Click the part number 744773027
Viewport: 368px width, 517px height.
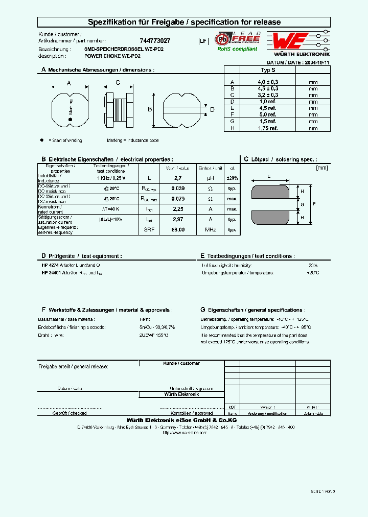[x=155, y=40]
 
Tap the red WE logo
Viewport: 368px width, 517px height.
[x=289, y=41]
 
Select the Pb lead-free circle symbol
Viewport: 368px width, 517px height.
[x=222, y=39]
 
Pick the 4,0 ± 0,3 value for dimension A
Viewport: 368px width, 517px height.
[x=268, y=82]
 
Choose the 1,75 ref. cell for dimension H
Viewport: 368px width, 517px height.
[x=268, y=128]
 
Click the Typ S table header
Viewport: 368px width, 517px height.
[x=268, y=70]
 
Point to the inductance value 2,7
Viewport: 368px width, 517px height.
[x=178, y=178]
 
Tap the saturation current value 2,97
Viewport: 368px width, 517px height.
[x=178, y=219]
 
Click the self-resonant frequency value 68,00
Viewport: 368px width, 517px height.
[x=178, y=229]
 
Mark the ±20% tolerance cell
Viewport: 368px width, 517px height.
[x=232, y=178]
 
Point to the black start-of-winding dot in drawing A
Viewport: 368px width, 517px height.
[x=71, y=120]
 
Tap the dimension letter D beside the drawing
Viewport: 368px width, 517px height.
[x=212, y=109]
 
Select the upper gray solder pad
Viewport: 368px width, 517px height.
[x=274, y=192]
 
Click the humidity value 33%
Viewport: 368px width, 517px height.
[x=313, y=266]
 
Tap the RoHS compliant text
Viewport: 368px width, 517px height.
[x=238, y=49]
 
